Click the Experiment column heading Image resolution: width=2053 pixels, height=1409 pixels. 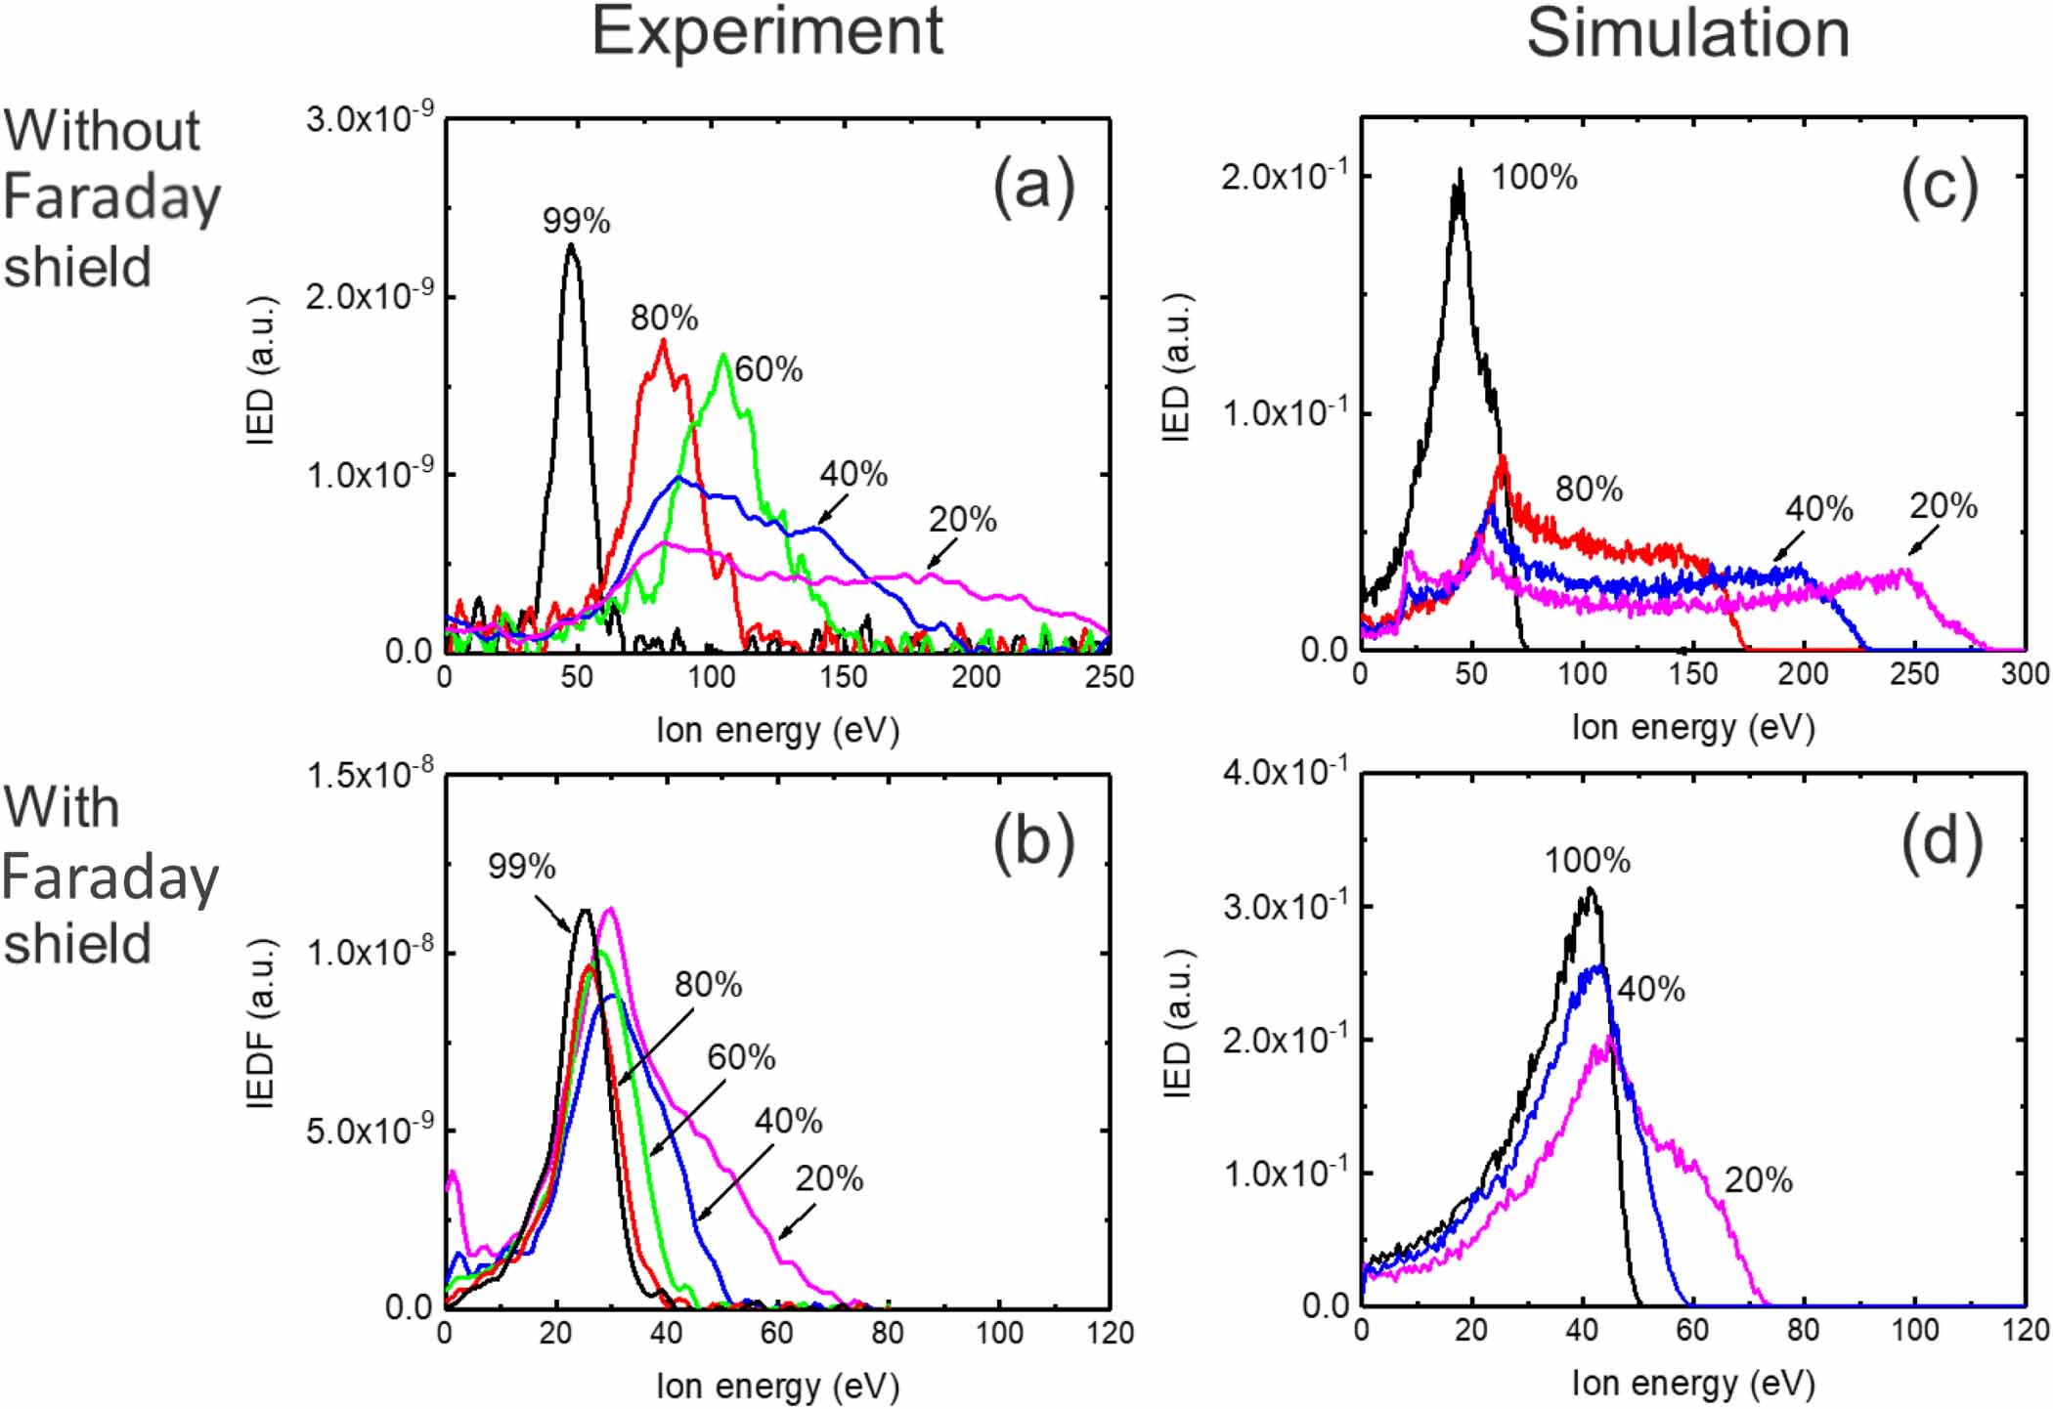767,31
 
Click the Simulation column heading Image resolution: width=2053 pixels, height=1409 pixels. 1687,33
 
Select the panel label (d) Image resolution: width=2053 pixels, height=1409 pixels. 1941,841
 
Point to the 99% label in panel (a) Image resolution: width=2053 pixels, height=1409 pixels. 576,222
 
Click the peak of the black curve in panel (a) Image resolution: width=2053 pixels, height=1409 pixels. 571,245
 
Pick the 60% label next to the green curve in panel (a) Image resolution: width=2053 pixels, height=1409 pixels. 768,369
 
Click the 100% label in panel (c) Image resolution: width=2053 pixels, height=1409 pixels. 1534,178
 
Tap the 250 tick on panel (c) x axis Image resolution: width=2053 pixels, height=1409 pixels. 1913,674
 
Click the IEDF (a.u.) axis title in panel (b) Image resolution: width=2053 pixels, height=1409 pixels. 260,1022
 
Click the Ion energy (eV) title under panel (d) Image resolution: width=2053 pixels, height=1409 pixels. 1693,1383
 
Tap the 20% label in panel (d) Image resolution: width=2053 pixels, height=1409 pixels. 1758,1180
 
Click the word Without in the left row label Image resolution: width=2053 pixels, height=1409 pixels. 102,130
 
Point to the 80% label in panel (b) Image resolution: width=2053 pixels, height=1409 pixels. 708,985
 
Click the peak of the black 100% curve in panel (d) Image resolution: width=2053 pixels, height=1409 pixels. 1591,889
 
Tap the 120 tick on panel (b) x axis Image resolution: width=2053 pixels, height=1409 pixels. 1110,1333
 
